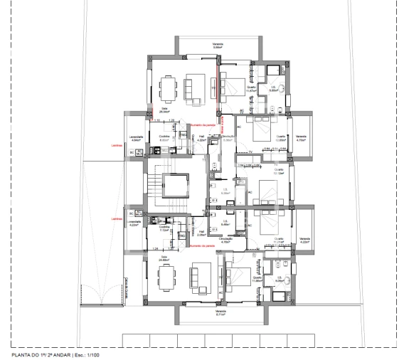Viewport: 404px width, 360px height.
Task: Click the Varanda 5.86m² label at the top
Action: pyautogui.click(x=218, y=46)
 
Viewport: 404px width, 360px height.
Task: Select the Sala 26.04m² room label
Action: pyautogui.click(x=164, y=110)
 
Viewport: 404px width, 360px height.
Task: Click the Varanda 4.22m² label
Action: pyautogui.click(x=304, y=240)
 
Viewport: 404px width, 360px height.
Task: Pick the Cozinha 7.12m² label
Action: pyautogui.click(x=164, y=229)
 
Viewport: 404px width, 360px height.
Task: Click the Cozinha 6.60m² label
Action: pyautogui.click(x=164, y=139)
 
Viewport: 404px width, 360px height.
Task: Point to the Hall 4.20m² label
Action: pyautogui.click(x=201, y=139)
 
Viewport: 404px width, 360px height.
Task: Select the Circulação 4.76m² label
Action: pyautogui.click(x=227, y=240)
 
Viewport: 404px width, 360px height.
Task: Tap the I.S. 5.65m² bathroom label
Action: pyautogui.click(x=272, y=90)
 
